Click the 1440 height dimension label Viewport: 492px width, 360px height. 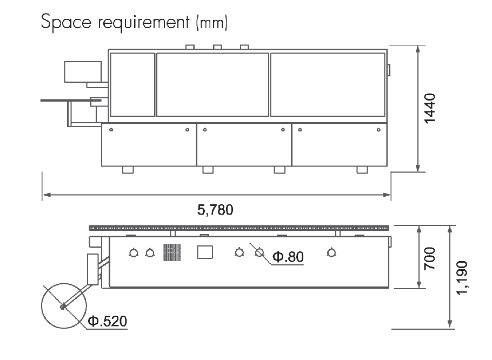430,109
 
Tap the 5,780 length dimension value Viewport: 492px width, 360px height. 215,210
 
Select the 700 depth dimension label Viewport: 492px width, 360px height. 430,258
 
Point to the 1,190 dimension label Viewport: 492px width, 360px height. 462,278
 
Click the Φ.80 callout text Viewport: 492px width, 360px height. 288,257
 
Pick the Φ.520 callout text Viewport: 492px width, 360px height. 108,321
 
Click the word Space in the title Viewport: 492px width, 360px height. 66,22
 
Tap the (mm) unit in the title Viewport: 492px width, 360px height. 212,23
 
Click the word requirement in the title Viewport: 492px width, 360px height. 144,23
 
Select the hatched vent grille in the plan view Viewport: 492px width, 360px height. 172,252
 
